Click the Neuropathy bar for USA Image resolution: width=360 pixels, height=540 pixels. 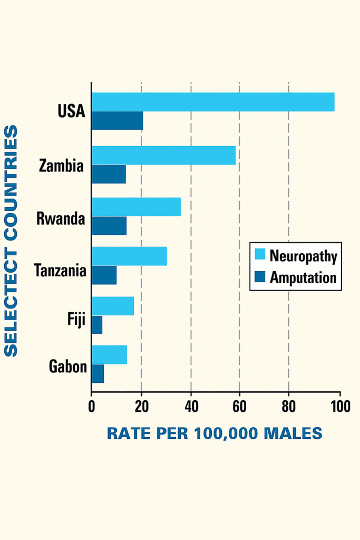213,102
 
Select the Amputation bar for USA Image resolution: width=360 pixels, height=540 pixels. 118,121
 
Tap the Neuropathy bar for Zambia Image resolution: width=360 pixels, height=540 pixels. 164,156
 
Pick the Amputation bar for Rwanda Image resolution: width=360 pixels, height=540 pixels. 109,226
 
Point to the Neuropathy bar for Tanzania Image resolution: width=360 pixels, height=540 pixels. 129,256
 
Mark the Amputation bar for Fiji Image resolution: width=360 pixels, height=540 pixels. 97,325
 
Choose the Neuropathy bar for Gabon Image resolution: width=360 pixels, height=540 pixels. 109,355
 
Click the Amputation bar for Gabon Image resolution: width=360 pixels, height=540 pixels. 98,373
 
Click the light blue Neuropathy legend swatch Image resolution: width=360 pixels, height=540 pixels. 260,255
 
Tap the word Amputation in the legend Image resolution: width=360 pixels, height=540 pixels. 303,277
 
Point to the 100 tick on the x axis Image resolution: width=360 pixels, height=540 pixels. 340,407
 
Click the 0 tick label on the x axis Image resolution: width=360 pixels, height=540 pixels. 92,407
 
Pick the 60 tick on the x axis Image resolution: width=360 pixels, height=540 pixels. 239,407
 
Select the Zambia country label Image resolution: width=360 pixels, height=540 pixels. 62,166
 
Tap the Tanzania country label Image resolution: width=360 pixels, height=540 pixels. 60,271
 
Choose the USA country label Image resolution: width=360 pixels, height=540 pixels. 71,112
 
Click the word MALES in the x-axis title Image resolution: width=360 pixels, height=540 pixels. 293,433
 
